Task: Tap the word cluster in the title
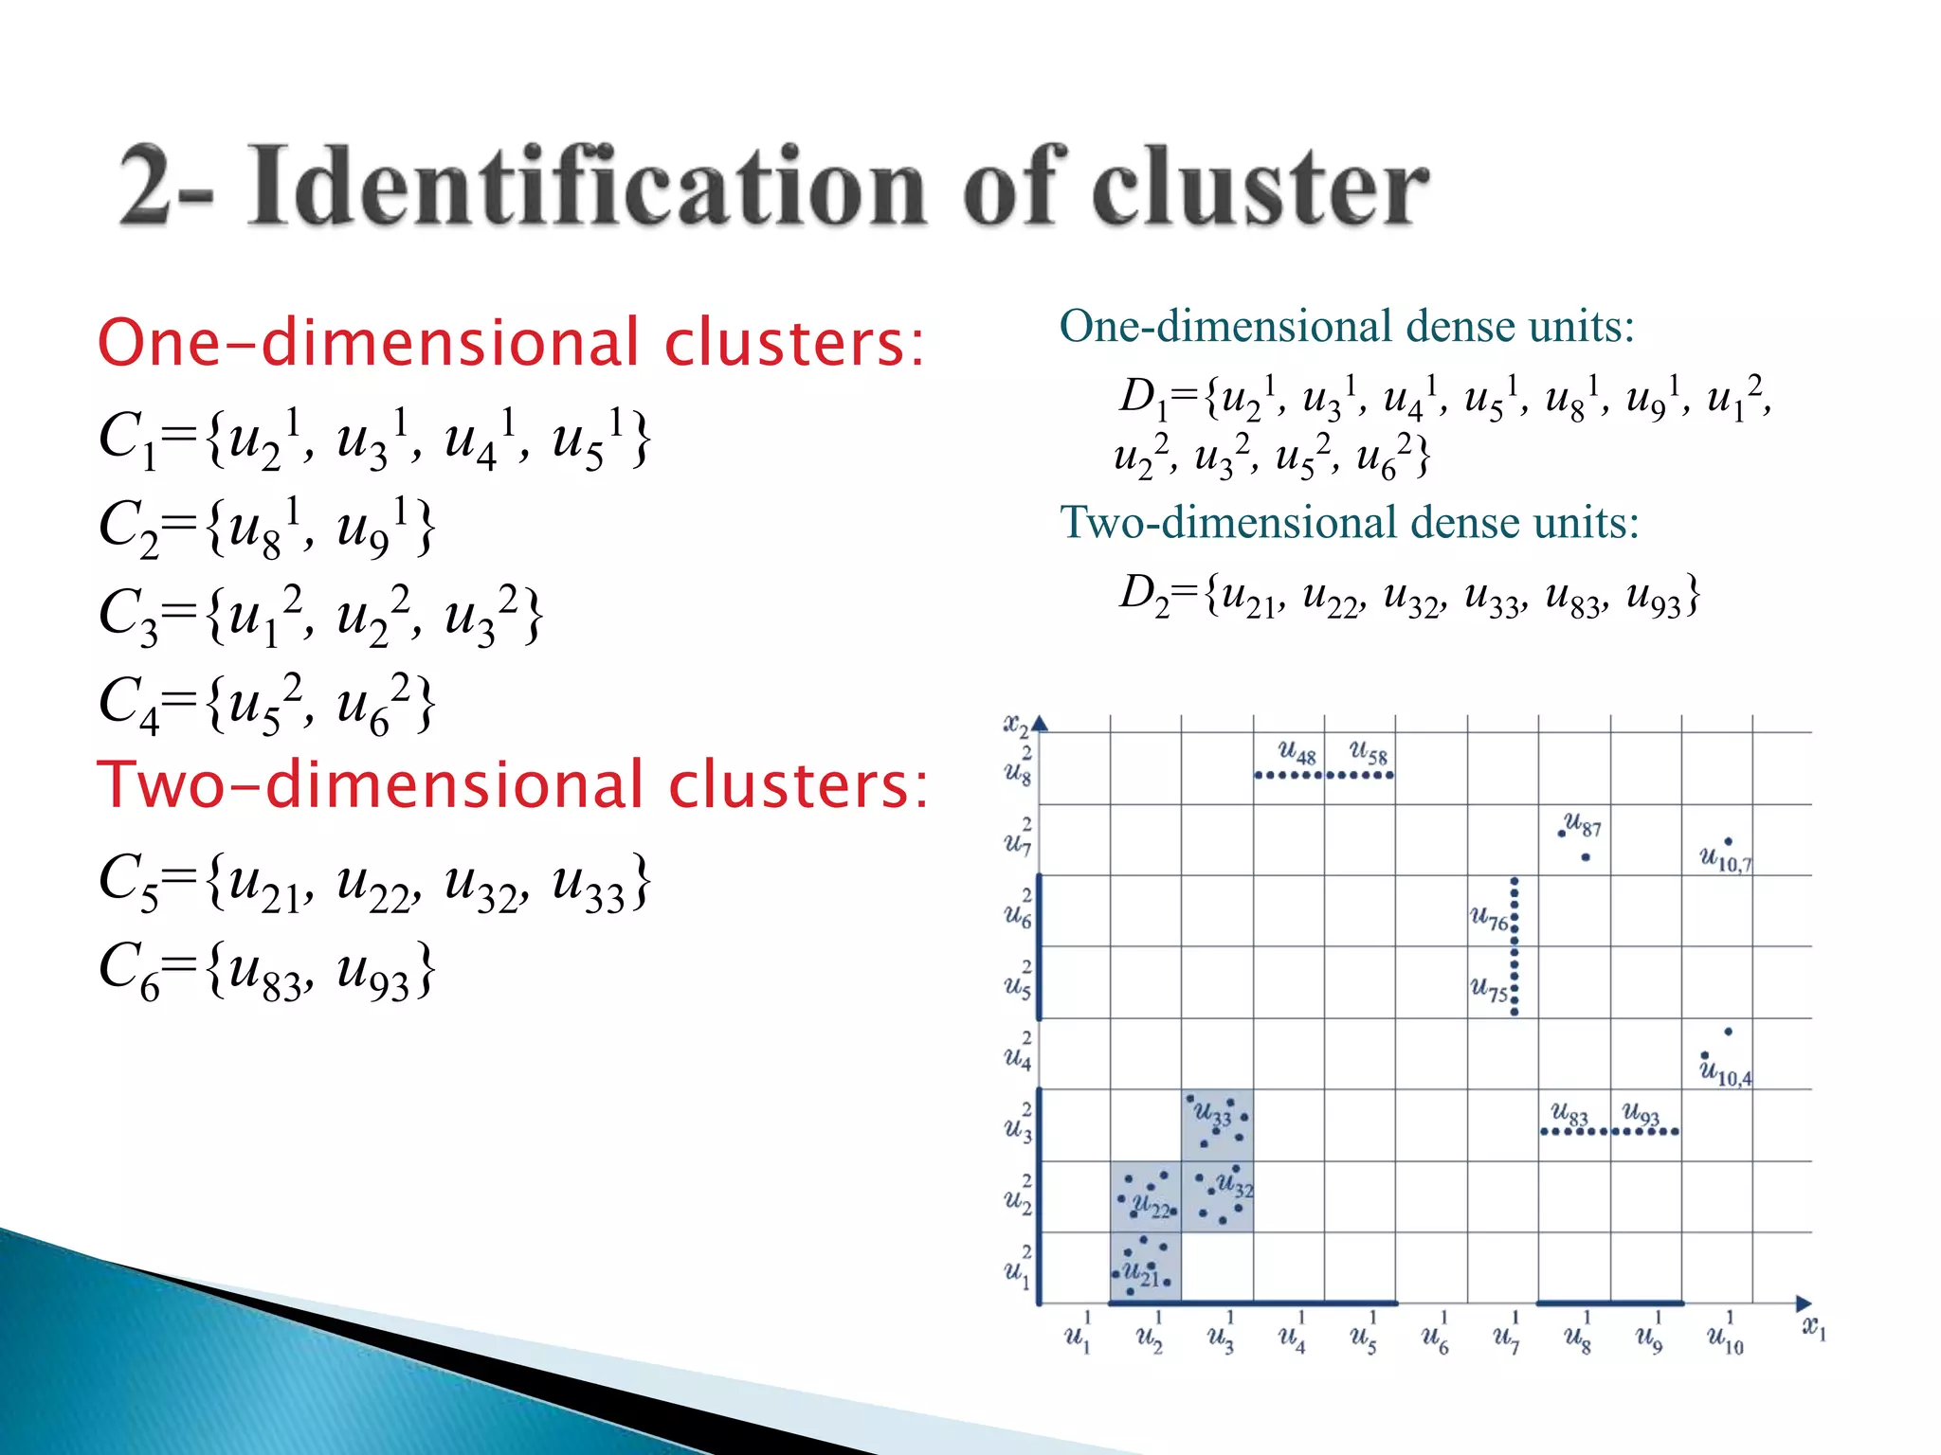1260,187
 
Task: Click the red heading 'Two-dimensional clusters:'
512,785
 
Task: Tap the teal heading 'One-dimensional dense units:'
1346,327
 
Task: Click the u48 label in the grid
1296,753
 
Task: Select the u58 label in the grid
1368,753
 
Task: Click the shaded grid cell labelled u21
1146,1267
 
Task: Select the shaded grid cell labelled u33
1217,1124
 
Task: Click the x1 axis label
1813,1327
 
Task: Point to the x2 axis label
1015,726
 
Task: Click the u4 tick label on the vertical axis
1018,1054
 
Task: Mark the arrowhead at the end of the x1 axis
1803,1303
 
